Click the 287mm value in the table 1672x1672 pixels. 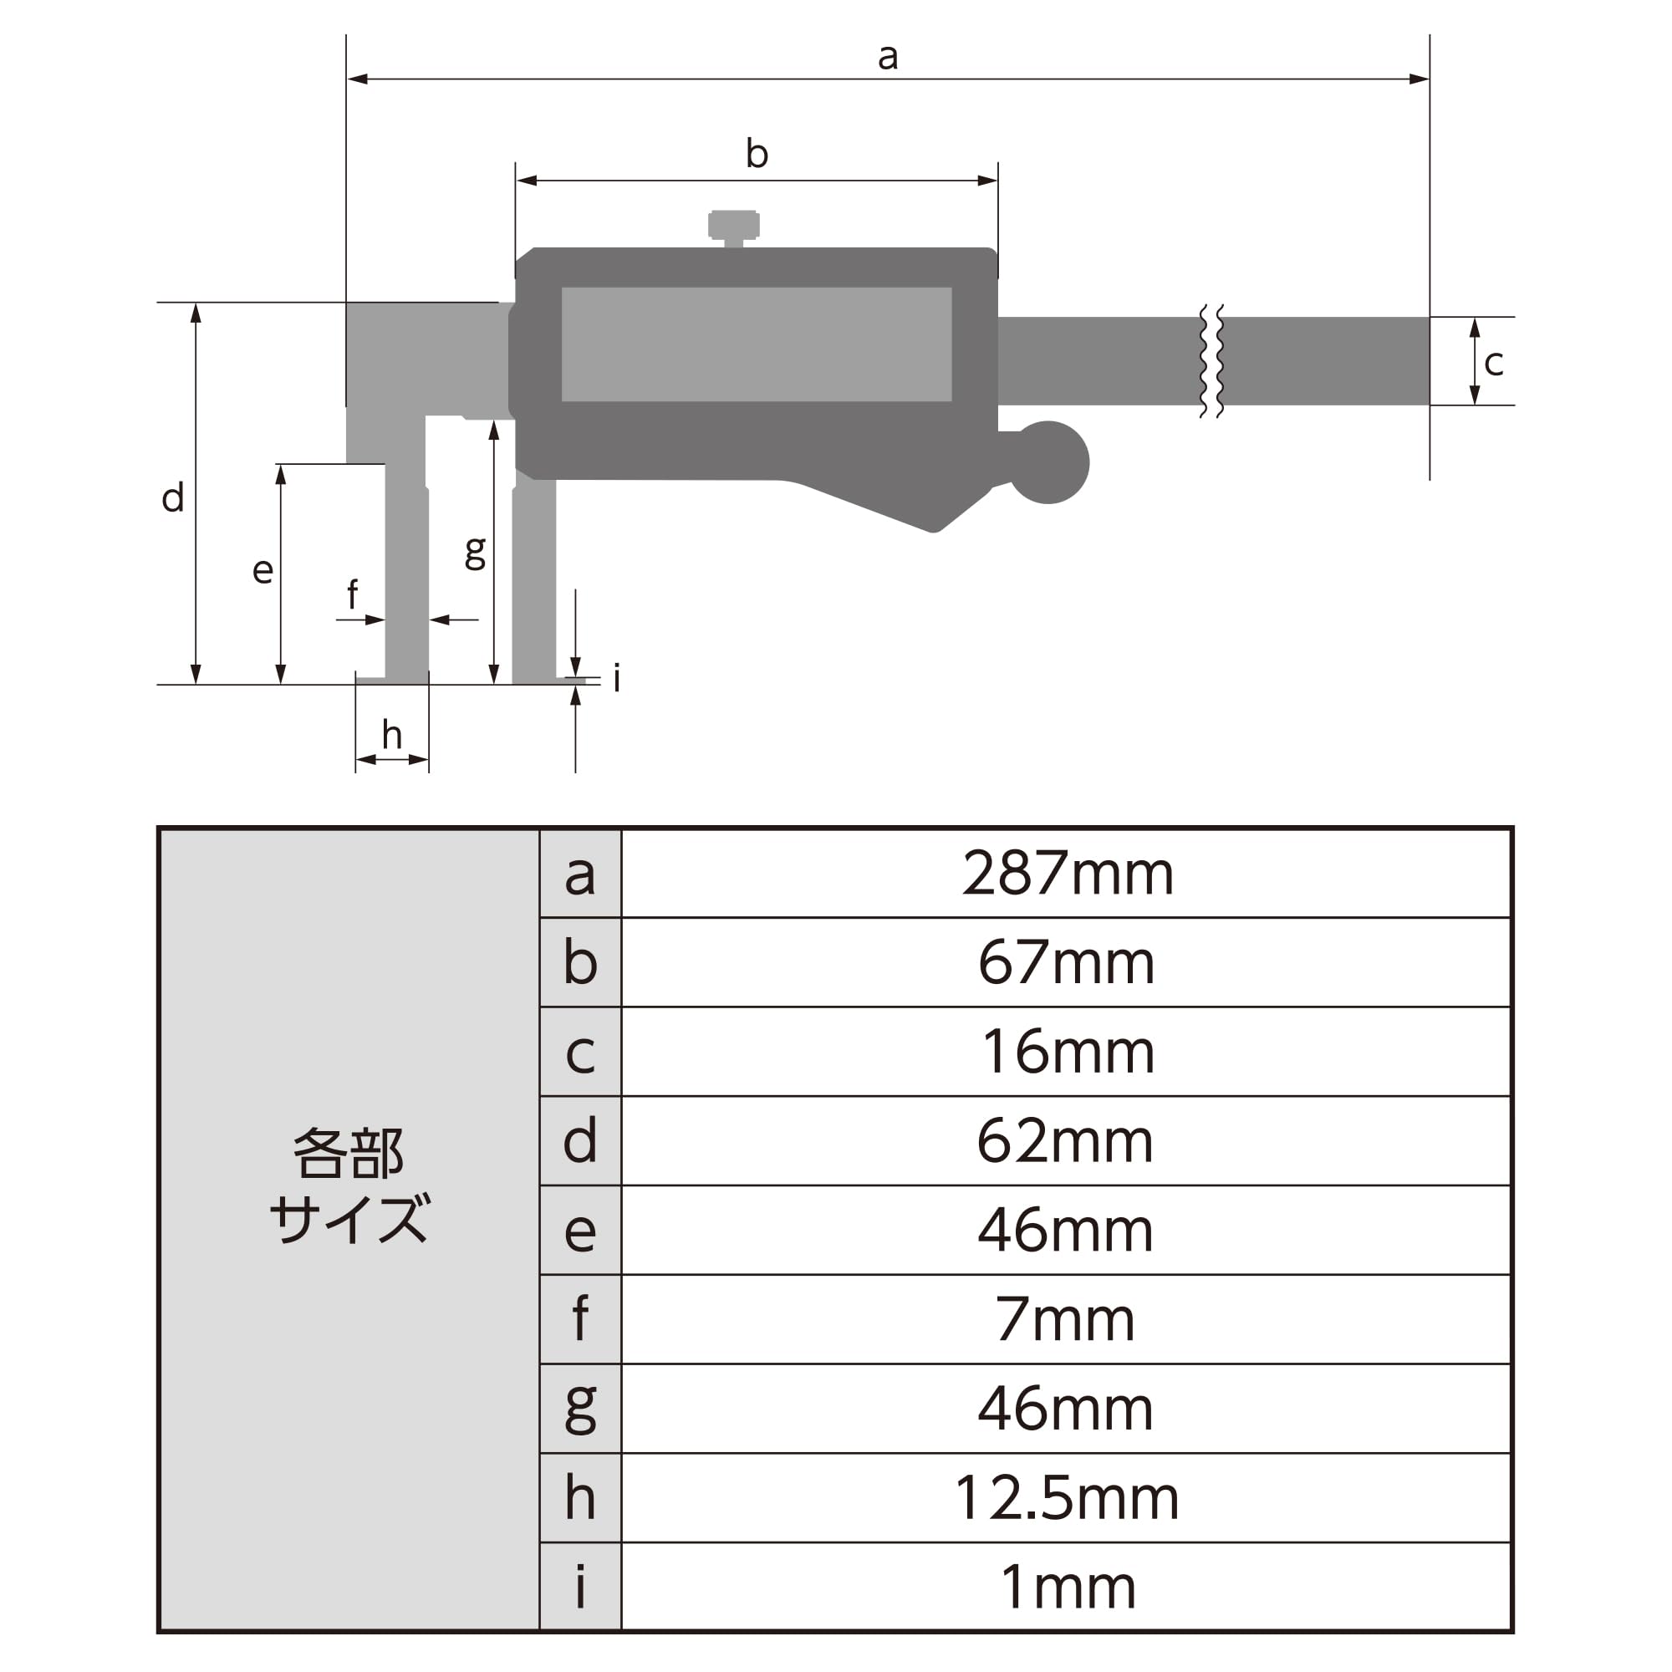pyautogui.click(x=1068, y=874)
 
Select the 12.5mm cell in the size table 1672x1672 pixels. pyautogui.click(x=1067, y=1497)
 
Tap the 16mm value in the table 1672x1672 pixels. pyautogui.click(x=1068, y=1052)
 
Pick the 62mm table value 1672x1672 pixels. pyautogui.click(x=1065, y=1140)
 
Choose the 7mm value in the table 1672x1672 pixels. pyautogui.click(x=1065, y=1319)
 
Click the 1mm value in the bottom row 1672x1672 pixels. pyautogui.click(x=1068, y=1587)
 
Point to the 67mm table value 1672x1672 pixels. pyautogui.click(x=1066, y=962)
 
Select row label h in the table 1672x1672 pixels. pyautogui.click(x=580, y=1497)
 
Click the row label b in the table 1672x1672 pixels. pyautogui.click(x=580, y=962)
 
